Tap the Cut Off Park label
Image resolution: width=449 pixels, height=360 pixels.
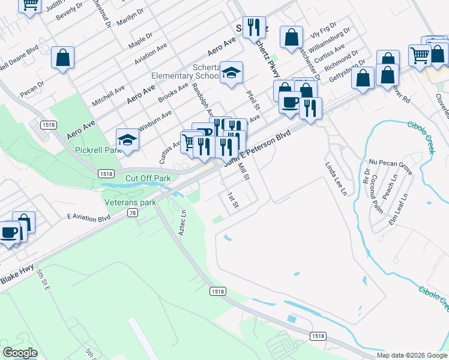click(148, 178)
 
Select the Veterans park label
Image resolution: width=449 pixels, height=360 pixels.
click(130, 202)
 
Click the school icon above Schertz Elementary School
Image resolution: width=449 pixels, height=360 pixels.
click(231, 73)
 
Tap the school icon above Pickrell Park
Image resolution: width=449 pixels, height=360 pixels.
click(127, 140)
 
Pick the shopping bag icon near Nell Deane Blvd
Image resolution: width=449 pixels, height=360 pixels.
click(63, 58)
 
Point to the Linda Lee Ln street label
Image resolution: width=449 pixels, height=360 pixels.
click(336, 178)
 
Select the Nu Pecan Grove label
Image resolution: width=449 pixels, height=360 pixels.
click(390, 166)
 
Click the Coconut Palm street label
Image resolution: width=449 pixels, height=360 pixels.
click(377, 193)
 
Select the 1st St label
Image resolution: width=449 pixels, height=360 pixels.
click(233, 200)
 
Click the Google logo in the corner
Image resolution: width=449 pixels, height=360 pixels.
click(20, 353)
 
